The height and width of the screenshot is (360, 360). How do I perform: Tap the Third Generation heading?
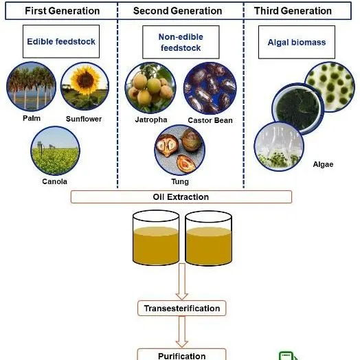click(x=293, y=11)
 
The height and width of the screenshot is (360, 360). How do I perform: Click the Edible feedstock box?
click(x=61, y=42)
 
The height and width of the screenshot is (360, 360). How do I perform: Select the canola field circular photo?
click(x=56, y=150)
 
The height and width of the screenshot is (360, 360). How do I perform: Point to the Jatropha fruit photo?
click(x=147, y=88)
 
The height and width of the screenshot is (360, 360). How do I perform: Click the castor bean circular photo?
click(x=209, y=88)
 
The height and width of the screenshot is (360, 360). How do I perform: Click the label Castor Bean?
click(x=210, y=120)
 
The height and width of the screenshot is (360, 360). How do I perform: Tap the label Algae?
click(x=322, y=164)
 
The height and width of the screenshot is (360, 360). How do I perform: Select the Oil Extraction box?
click(x=180, y=197)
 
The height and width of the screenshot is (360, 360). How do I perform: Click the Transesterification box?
click(x=182, y=308)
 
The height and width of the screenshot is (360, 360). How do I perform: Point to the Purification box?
click(x=182, y=355)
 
